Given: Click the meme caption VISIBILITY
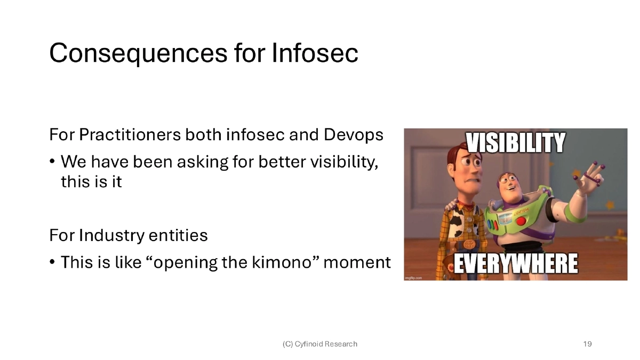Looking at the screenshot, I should (516, 143).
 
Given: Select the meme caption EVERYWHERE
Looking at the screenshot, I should (516, 264).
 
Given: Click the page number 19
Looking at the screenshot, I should (587, 344).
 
